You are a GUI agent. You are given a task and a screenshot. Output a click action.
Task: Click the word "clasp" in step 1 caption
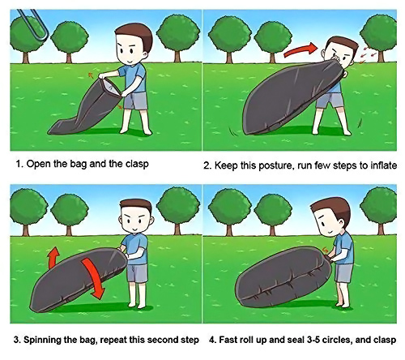tap(137, 165)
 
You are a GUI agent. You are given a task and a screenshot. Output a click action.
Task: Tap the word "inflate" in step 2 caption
tap(383, 165)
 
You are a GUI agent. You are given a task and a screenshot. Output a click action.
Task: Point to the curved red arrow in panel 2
tap(301, 49)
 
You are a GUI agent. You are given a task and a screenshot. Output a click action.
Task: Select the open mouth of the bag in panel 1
tap(111, 87)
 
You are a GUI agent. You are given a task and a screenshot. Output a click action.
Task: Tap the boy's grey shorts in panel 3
tap(138, 273)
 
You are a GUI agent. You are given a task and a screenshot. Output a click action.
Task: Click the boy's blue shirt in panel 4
tap(344, 248)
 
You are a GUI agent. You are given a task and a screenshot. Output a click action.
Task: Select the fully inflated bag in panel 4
tap(283, 277)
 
